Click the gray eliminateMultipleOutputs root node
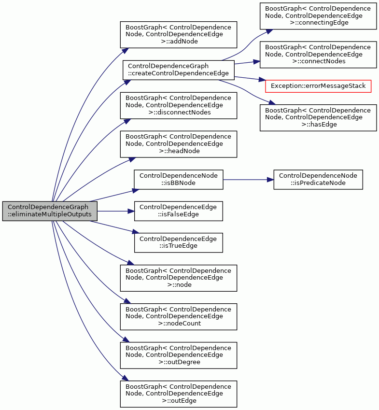pyautogui.click(x=50, y=211)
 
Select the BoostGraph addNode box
pyautogui.click(x=179, y=35)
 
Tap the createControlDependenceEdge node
pyautogui.click(x=179, y=70)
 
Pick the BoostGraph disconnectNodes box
pyautogui.click(x=179, y=105)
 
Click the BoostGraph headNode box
pyautogui.click(x=179, y=144)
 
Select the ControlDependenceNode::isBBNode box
pyautogui.click(x=179, y=180)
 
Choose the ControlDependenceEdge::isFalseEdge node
pyautogui.click(x=179, y=211)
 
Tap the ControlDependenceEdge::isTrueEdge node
pyautogui.click(x=179, y=242)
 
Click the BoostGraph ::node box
pyautogui.click(x=179, y=278)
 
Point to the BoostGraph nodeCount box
pyautogui.click(x=179, y=317)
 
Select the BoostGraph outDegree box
pyautogui.click(x=179, y=355)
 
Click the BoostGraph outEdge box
pyautogui.click(x=179, y=394)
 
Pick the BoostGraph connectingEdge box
pyautogui.click(x=318, y=16)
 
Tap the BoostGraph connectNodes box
pyautogui.click(x=318, y=55)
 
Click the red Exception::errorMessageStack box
pyautogui.click(x=318, y=86)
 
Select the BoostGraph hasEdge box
pyautogui.click(x=318, y=118)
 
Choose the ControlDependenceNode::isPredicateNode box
pyautogui.click(x=318, y=180)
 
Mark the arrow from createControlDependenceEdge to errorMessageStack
pyautogui.click(x=250, y=78)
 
